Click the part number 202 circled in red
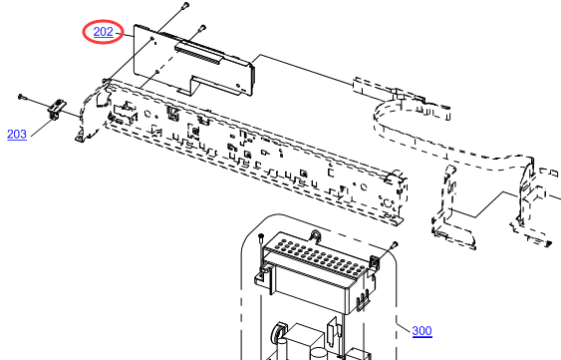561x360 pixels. (103, 32)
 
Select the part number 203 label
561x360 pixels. (17, 135)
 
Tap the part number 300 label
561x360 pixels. (421, 331)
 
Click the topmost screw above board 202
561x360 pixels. (185, 5)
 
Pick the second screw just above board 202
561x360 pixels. (202, 27)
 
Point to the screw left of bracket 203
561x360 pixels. (21, 97)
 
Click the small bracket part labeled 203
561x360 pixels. (57, 110)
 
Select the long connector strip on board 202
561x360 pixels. (197, 54)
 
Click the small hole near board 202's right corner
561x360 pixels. (238, 86)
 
